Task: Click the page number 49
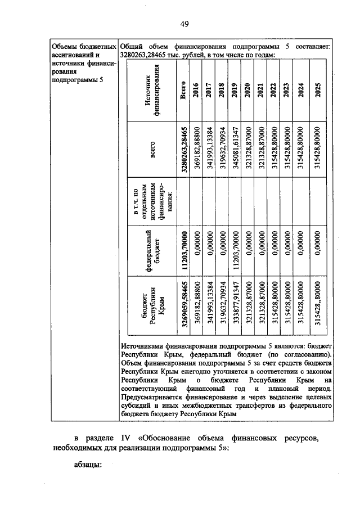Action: (x=184, y=23)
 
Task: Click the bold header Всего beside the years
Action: (x=183, y=90)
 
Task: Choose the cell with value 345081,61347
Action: (x=235, y=148)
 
